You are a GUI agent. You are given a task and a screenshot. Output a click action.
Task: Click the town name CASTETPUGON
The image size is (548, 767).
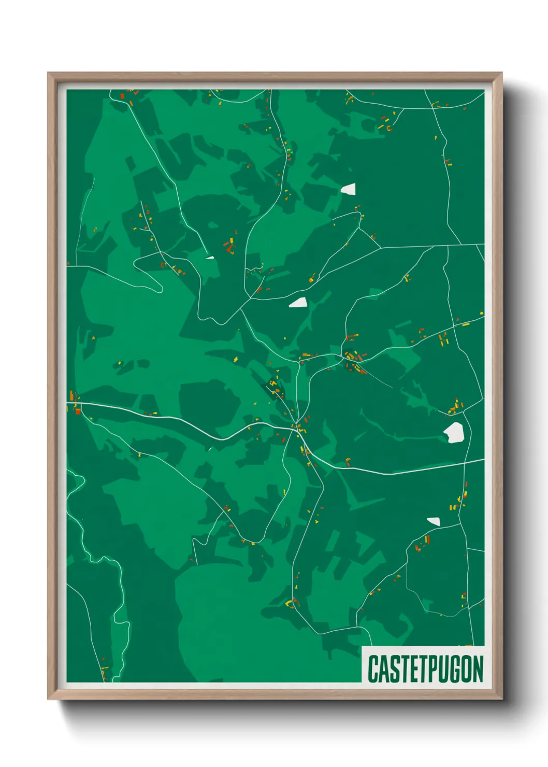pyautogui.click(x=425, y=669)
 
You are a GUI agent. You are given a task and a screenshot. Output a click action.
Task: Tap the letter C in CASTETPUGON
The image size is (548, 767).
pyautogui.click(x=373, y=669)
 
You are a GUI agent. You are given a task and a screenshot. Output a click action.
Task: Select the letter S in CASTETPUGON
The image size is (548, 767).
pyautogui.click(x=394, y=669)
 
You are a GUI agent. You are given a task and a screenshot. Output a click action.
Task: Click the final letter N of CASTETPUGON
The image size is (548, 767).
pyautogui.click(x=478, y=669)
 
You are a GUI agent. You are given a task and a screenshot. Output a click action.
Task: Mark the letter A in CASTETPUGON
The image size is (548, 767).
pyautogui.click(x=383, y=669)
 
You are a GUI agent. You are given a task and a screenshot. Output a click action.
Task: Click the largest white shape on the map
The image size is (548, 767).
pyautogui.click(x=454, y=432)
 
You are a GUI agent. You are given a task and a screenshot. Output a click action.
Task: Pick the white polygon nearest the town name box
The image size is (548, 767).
pyautogui.click(x=434, y=521)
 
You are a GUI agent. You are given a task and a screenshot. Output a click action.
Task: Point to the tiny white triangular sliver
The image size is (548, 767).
pyautogui.click(x=210, y=257)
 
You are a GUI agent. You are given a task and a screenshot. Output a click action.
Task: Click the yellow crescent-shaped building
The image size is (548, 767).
pyautogui.click(x=289, y=604)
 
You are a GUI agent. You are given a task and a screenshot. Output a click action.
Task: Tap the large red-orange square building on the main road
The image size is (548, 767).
pyautogui.click(x=78, y=411)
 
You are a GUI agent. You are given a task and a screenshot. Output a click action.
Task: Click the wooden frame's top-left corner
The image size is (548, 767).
pyautogui.click(x=49, y=74)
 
